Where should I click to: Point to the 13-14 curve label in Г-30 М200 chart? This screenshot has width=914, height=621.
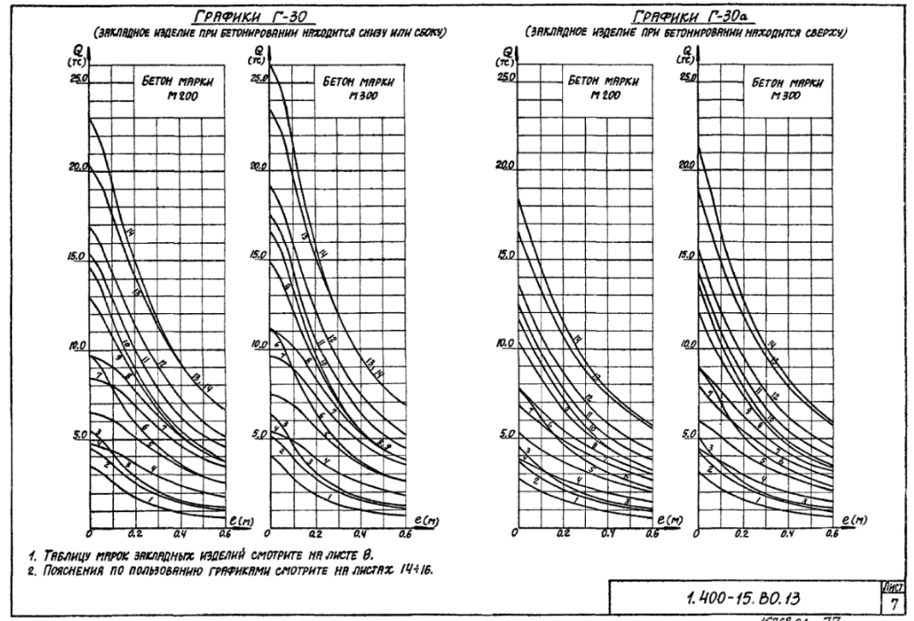pos(201,376)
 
